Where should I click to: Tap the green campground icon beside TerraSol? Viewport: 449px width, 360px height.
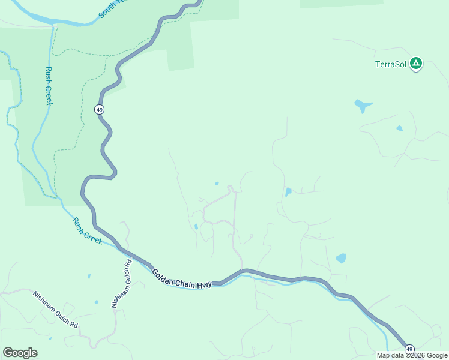pyautogui.click(x=416, y=64)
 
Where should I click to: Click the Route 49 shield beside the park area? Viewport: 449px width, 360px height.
pyautogui.click(x=98, y=109)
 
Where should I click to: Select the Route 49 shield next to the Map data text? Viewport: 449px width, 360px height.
pyautogui.click(x=409, y=349)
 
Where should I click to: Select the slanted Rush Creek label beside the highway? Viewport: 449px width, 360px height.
pyautogui.click(x=88, y=231)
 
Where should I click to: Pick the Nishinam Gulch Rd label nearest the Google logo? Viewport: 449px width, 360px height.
pyautogui.click(x=55, y=309)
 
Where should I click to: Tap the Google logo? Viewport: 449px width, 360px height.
pyautogui.click(x=20, y=353)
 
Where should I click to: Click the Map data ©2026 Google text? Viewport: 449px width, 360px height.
pyautogui.click(x=412, y=355)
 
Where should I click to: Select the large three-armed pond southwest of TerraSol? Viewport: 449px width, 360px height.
pyautogui.click(x=363, y=106)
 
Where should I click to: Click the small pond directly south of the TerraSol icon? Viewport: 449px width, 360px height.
pyautogui.click(x=399, y=128)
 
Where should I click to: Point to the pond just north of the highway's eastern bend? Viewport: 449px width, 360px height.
pyautogui.click(x=341, y=259)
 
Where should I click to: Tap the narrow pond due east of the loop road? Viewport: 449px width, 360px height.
pyautogui.click(x=288, y=192)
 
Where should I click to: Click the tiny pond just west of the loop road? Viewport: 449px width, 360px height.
pyautogui.click(x=196, y=227)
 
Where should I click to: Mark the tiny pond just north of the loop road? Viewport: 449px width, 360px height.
pyautogui.click(x=217, y=184)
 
